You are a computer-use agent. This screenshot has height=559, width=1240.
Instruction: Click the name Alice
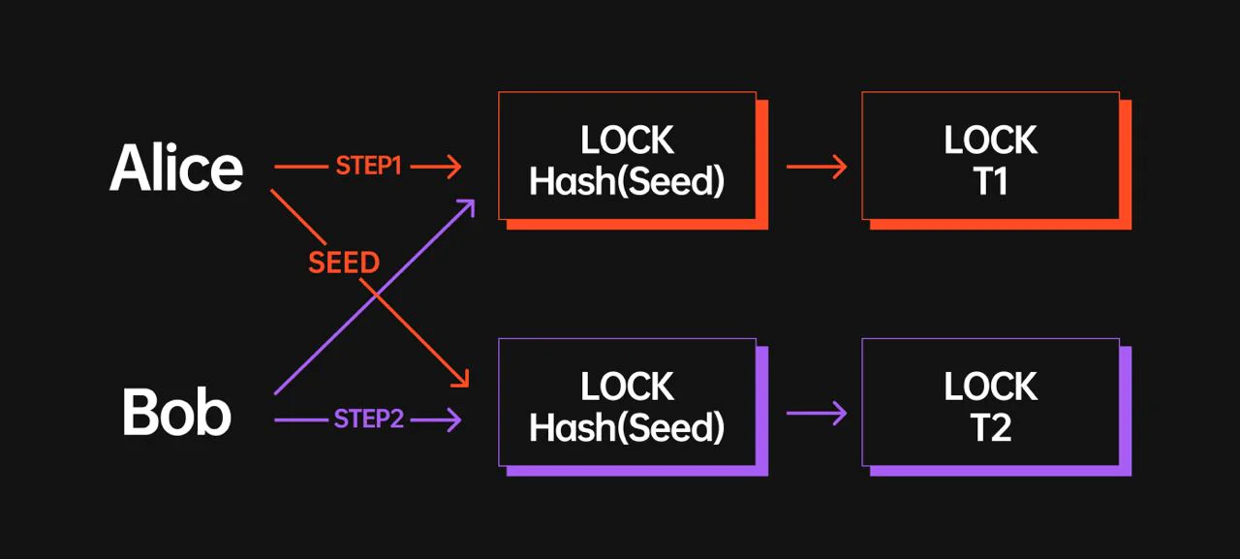click(176, 168)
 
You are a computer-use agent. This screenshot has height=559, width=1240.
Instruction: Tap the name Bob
click(176, 412)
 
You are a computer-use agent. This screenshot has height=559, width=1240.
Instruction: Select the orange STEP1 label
click(369, 166)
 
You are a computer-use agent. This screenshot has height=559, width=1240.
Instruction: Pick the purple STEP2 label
click(369, 419)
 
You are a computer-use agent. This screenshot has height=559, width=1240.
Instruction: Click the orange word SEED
click(344, 263)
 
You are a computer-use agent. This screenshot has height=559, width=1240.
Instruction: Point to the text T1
click(990, 181)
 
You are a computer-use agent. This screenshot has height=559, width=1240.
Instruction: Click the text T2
click(991, 427)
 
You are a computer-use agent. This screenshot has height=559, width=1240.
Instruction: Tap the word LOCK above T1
click(990, 140)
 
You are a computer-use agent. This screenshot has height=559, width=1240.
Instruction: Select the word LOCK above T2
click(990, 386)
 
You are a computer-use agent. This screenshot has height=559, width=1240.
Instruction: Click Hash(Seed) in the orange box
click(627, 181)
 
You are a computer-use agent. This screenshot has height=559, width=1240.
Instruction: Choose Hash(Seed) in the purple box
click(627, 428)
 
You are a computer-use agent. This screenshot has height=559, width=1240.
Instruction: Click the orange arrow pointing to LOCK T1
click(817, 167)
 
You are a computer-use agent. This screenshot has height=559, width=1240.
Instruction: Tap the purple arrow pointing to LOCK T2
click(817, 413)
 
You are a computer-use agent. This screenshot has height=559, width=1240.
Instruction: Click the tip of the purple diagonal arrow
click(475, 200)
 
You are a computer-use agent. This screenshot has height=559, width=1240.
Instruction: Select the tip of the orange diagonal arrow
click(468, 387)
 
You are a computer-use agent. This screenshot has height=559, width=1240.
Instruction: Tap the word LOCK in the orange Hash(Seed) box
click(627, 140)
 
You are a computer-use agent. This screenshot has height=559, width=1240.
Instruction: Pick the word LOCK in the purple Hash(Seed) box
click(627, 386)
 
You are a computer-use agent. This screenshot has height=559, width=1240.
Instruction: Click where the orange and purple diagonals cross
click(376, 295)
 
